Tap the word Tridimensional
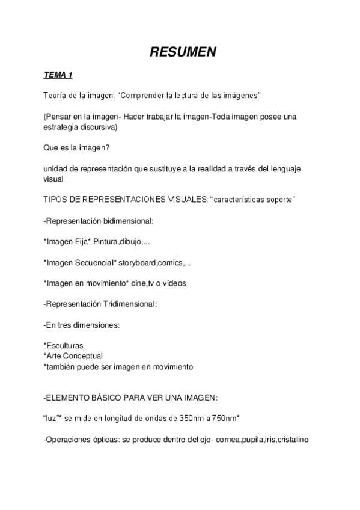[x=127, y=304]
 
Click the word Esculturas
[x=64, y=346]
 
